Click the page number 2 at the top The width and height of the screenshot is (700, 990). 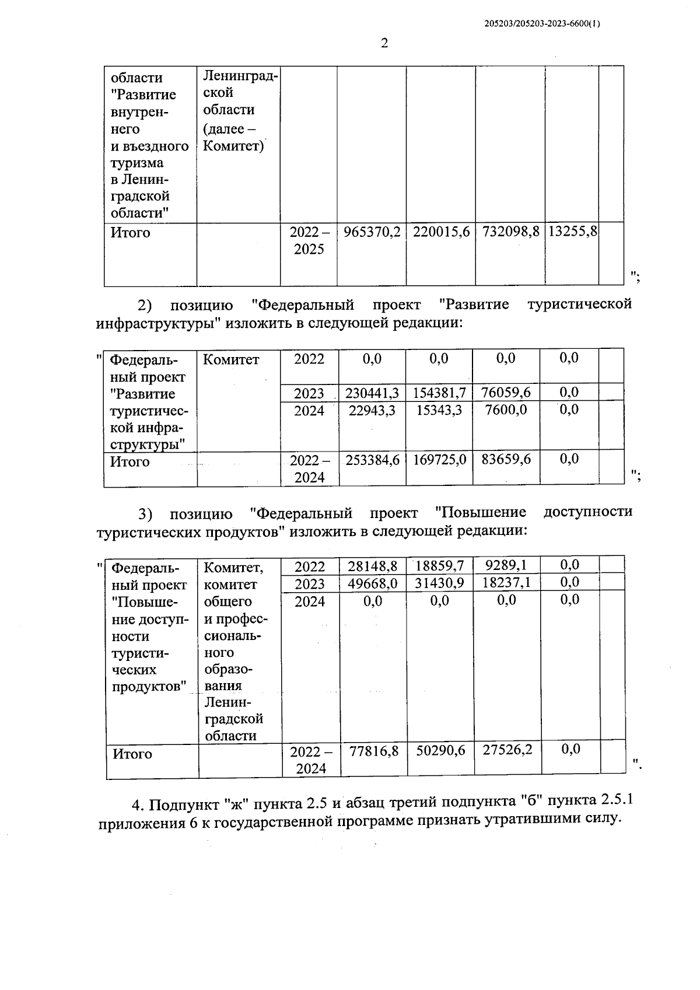(384, 43)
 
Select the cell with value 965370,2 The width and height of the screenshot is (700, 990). (372, 232)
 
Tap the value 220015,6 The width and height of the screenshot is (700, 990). (441, 232)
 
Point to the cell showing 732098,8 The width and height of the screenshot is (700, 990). (510, 232)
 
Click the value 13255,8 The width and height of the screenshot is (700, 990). (572, 232)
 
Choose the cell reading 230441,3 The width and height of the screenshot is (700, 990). (372, 393)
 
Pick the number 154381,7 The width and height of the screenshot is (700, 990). (439, 393)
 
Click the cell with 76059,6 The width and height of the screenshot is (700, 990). (506, 392)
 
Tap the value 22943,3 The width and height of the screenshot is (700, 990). (372, 410)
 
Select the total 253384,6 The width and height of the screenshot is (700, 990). (372, 460)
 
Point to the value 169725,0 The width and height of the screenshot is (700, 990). (439, 460)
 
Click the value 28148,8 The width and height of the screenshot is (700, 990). (372, 565)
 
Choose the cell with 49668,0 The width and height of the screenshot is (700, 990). (372, 583)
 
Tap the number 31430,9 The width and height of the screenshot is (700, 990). (439, 583)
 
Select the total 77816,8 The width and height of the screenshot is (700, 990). (373, 751)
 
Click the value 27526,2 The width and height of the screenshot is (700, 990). (507, 750)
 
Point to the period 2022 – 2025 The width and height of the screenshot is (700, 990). (309, 240)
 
